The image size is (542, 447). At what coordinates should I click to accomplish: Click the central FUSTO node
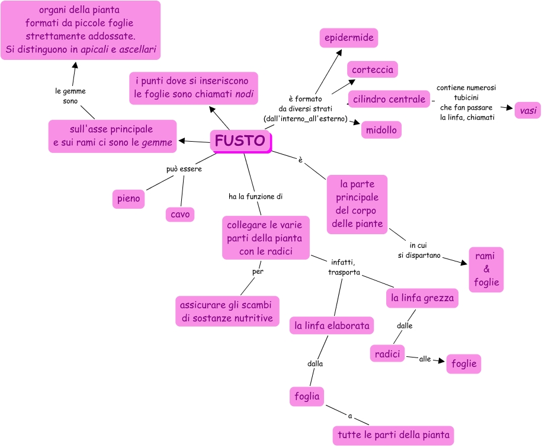[240, 141]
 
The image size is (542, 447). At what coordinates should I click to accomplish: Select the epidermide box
[349, 38]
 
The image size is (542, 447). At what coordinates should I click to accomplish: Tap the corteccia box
[372, 69]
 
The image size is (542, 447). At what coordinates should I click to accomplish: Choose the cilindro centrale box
[389, 99]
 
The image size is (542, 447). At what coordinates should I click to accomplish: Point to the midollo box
[381, 130]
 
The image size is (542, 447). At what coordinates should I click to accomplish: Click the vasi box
[527, 110]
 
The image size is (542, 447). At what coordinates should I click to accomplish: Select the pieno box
[129, 199]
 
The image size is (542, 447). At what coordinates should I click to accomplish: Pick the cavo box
[180, 214]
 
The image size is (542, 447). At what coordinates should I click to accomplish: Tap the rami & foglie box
[486, 269]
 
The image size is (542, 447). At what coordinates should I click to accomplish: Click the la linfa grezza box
[422, 298]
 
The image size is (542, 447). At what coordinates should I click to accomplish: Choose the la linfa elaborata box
[332, 325]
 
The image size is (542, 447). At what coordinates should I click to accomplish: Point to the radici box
[387, 354]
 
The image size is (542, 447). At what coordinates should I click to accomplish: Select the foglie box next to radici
[464, 364]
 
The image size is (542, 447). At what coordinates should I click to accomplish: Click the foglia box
[307, 396]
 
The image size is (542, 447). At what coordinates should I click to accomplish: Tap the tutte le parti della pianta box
[393, 435]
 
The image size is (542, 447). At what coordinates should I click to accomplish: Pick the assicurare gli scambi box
[227, 311]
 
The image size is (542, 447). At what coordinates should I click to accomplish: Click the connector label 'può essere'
[184, 169]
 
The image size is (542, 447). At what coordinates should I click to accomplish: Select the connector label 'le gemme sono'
[70, 96]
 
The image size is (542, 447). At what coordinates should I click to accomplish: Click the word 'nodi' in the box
[245, 94]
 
